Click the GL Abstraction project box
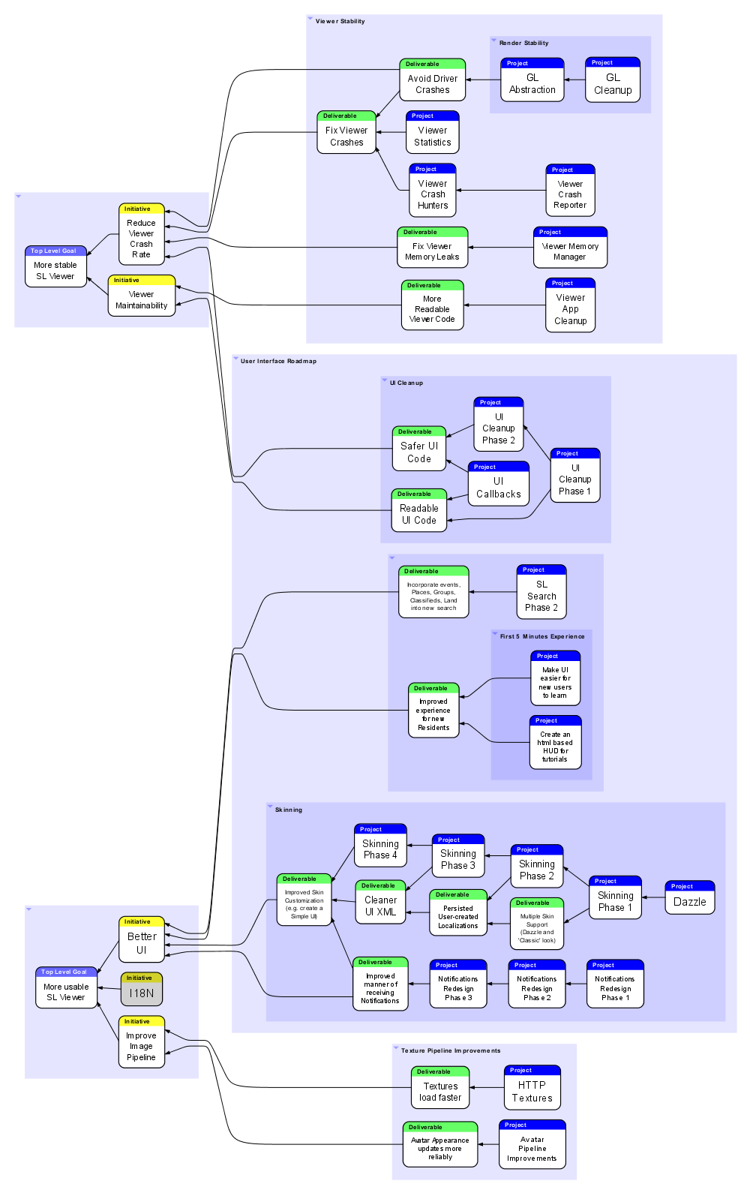(532, 80)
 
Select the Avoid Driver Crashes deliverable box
(433, 80)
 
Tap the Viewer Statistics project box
(433, 133)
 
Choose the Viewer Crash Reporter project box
(570, 191)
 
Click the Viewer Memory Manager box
(570, 248)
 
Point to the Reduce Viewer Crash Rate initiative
(141, 235)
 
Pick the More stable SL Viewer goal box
(55, 267)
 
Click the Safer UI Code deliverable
(419, 449)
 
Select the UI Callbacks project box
(499, 484)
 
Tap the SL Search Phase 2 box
(541, 592)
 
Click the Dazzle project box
(690, 898)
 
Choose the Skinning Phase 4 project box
(380, 846)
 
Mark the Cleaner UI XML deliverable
(380, 902)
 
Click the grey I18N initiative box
(141, 990)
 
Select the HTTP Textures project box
(532, 1088)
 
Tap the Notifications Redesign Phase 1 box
(615, 984)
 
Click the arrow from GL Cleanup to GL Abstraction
(574, 80)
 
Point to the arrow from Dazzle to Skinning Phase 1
(653, 897)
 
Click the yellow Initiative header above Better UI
(142, 921)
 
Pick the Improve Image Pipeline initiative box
(141, 1043)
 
